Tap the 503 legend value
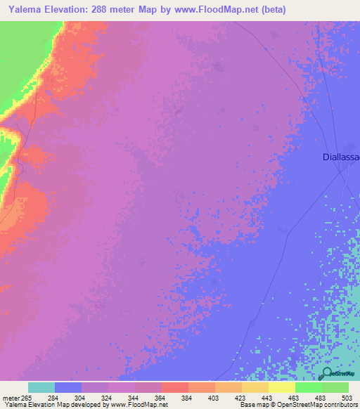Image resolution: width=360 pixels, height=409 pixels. pos(347,398)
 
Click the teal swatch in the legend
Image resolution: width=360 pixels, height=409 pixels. pos(41,387)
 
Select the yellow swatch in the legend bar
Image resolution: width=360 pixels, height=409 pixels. pos(281,387)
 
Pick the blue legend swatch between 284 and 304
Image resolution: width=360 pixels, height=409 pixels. pos(68,387)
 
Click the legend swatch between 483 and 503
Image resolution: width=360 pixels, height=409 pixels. pos(335,387)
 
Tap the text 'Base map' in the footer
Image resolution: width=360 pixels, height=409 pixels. pos(251,405)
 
